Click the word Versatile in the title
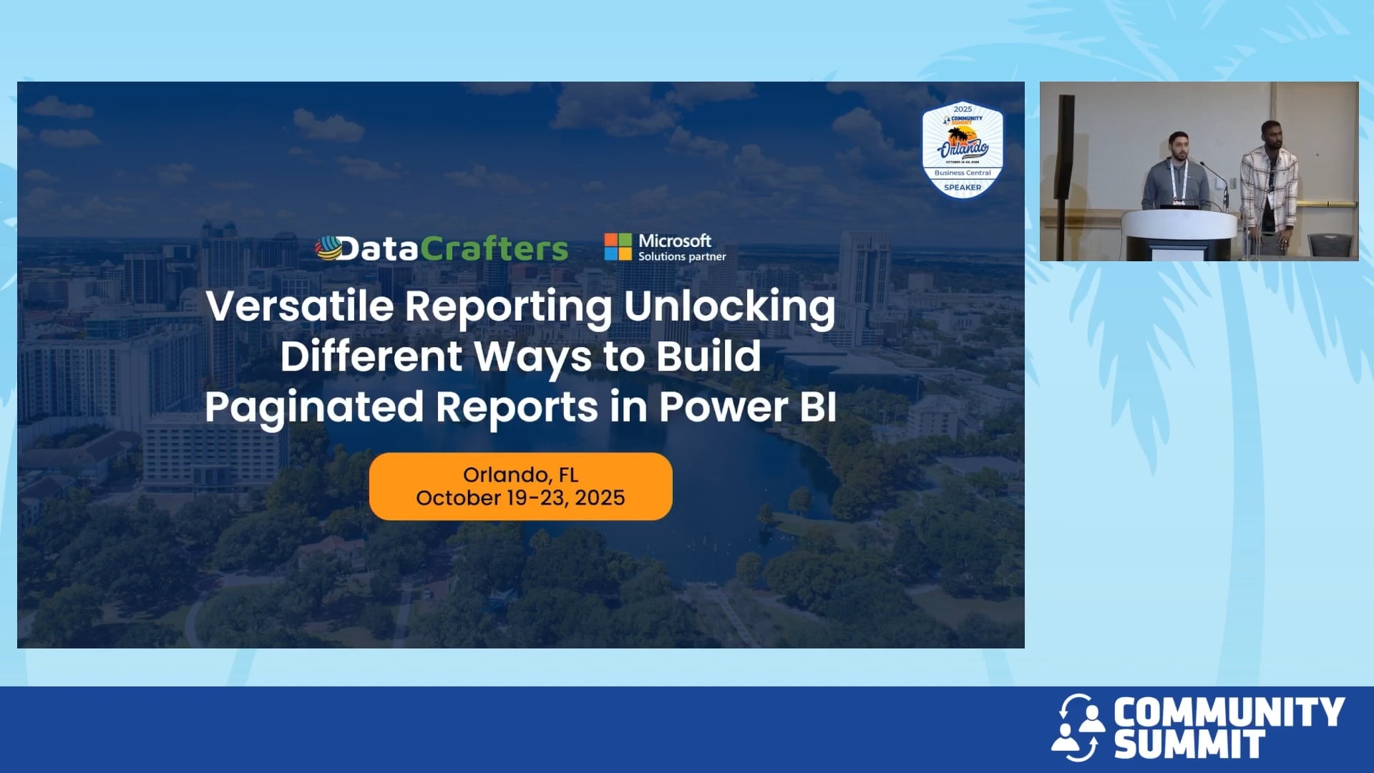click(x=299, y=306)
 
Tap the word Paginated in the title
click(x=314, y=407)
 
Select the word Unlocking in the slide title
click(x=729, y=306)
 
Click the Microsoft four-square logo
click(x=618, y=247)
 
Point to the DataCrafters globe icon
click(x=328, y=248)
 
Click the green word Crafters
click(x=494, y=249)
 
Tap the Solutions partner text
click(x=682, y=257)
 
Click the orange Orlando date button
click(x=520, y=486)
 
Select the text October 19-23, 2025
click(x=520, y=498)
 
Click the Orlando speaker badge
click(x=963, y=149)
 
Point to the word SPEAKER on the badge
click(x=963, y=188)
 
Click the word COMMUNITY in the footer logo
click(x=1229, y=713)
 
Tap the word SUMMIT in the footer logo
click(x=1189, y=744)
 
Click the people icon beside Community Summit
click(x=1078, y=727)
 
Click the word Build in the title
click(x=708, y=356)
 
